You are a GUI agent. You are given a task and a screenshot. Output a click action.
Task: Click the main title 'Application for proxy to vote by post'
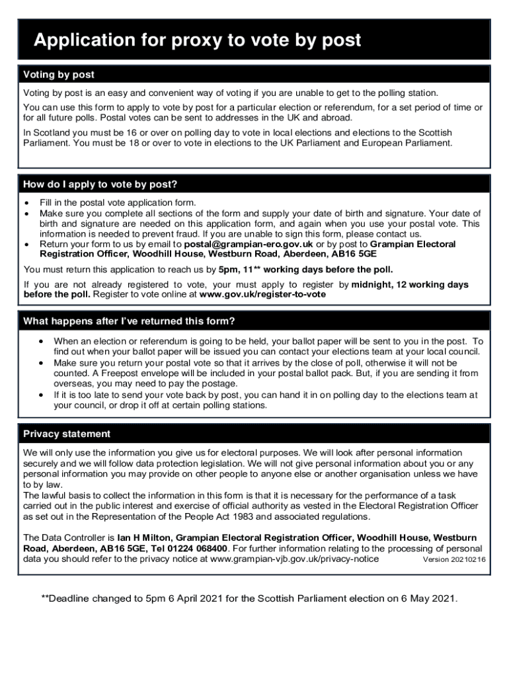pyautogui.click(x=197, y=40)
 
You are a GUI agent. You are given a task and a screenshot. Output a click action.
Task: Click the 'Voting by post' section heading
pyautogui.click(x=59, y=75)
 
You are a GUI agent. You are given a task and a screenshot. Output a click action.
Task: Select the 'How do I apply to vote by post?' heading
pyautogui.click(x=100, y=184)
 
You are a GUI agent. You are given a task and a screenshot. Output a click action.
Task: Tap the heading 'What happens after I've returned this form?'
pyautogui.click(x=129, y=321)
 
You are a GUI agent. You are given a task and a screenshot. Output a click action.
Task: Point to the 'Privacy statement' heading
pyautogui.click(x=67, y=434)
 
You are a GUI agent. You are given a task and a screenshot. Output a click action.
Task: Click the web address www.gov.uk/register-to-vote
pyautogui.click(x=262, y=294)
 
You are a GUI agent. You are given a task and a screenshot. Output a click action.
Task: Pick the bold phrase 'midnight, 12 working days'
pyautogui.click(x=410, y=285)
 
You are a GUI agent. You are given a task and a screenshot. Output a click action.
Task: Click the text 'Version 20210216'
pyautogui.click(x=454, y=560)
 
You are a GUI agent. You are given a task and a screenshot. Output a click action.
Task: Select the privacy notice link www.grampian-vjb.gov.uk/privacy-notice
pyautogui.click(x=294, y=559)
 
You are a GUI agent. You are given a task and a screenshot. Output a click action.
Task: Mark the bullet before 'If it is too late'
pyautogui.click(x=41, y=395)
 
